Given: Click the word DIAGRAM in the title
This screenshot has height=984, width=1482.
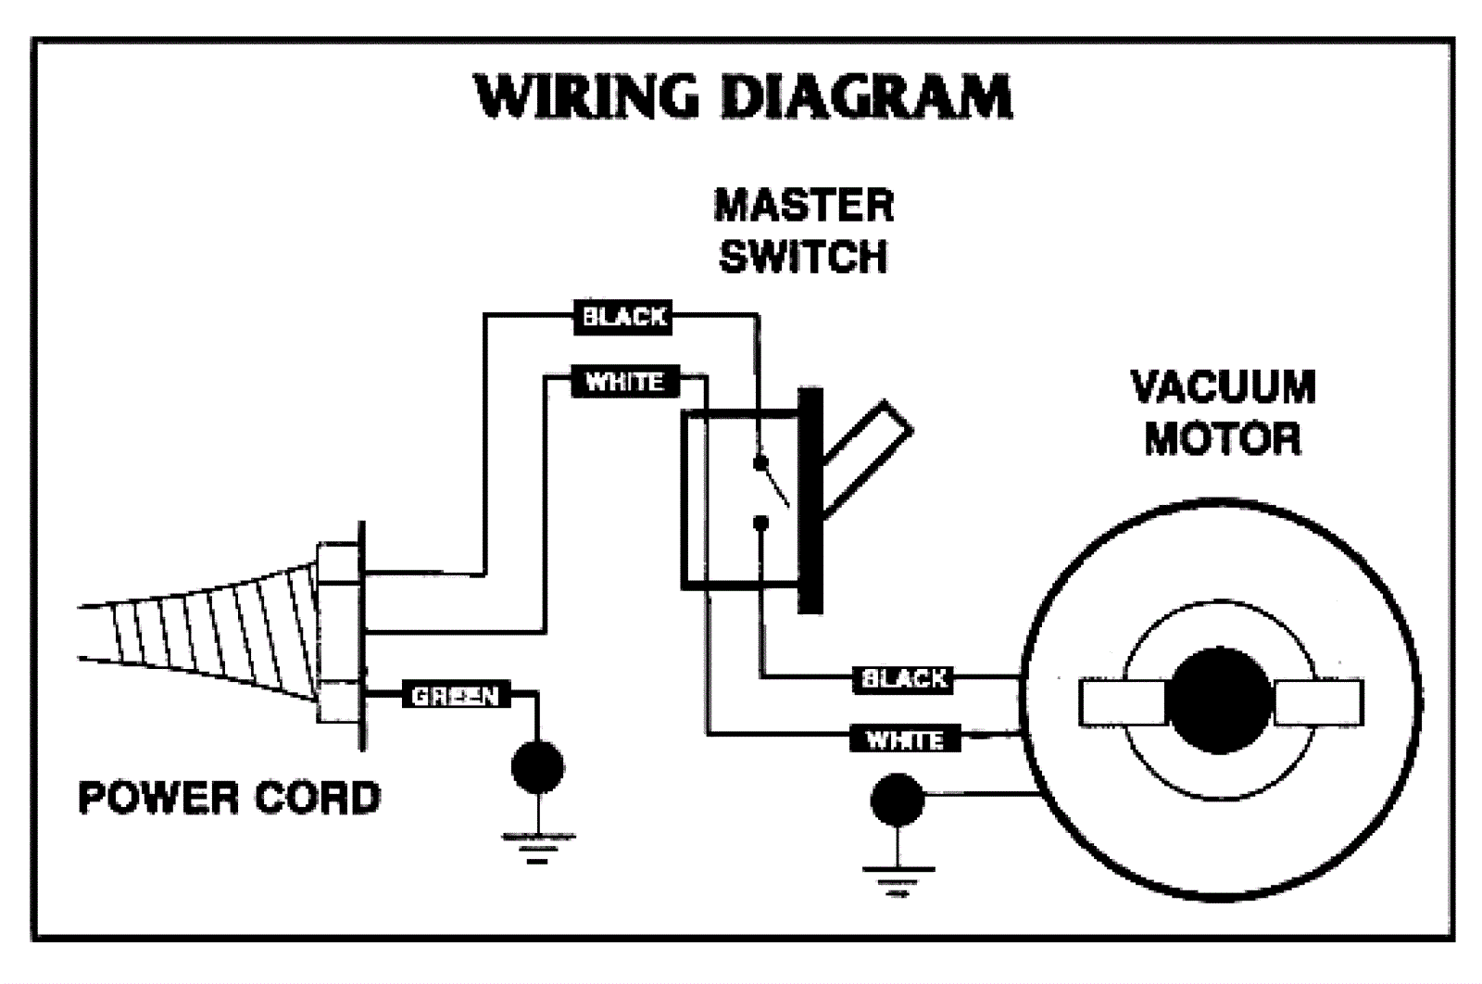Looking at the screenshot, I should click(866, 96).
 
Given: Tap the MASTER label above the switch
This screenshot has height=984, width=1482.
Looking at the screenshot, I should click(803, 206).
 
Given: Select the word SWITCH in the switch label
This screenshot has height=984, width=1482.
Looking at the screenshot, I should click(803, 256).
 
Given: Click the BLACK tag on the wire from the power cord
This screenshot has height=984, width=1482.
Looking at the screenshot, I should click(623, 317).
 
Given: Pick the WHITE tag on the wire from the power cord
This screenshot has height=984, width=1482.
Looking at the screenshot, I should click(624, 381).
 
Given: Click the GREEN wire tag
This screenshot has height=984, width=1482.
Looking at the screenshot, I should click(455, 695).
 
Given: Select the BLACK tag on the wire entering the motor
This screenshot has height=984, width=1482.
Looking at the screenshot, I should click(904, 679).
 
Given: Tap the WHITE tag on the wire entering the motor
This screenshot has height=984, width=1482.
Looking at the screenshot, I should click(904, 739).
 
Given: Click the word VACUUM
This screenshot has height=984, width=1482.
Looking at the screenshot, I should click(1223, 386).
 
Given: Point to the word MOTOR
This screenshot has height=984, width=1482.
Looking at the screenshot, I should click(1223, 437).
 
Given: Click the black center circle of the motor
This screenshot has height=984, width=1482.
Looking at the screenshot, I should click(1219, 700).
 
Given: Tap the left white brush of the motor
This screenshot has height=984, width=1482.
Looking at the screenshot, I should click(1122, 702).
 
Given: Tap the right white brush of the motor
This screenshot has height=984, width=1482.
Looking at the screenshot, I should click(1318, 702).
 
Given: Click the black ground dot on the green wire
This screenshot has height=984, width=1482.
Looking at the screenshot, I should click(537, 766).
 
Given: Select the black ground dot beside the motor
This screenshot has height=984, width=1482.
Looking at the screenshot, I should click(897, 799).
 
